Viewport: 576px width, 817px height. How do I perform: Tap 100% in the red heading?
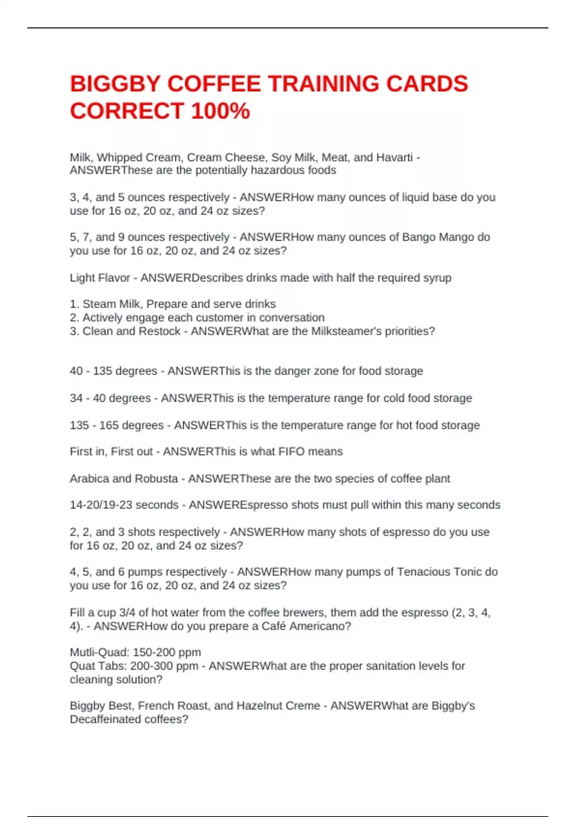click(220, 111)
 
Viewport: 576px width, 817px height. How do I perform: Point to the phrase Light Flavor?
click(100, 278)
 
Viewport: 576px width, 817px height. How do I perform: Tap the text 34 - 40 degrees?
click(110, 398)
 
